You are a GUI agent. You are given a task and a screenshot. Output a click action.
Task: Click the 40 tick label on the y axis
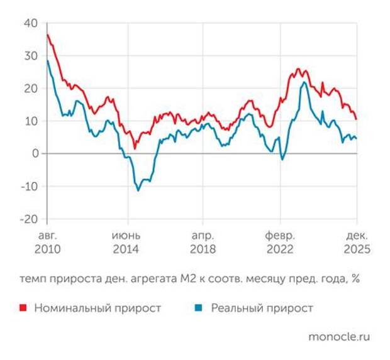pos(31,23)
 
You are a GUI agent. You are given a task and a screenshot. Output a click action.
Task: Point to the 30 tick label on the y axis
pos(31,56)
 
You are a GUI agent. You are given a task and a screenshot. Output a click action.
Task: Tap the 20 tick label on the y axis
pos(31,89)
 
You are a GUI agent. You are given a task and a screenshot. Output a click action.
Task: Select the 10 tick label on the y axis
pos(31,121)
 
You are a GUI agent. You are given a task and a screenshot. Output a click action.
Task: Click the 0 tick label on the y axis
pos(34,154)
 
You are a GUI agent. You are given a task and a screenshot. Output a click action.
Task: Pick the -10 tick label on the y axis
pos(29,187)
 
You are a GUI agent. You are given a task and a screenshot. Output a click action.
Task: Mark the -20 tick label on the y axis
pos(29,219)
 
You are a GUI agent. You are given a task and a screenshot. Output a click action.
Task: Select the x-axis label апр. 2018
pos(203,243)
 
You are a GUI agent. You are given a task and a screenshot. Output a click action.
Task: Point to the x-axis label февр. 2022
pos(280,243)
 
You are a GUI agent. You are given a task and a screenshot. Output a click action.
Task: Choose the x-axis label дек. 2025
pos(357,243)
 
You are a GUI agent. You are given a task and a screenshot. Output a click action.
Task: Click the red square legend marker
pos(23,308)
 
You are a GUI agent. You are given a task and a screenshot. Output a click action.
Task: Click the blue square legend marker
pos(198,308)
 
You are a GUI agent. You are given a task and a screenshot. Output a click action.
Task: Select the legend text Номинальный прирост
pos(97,308)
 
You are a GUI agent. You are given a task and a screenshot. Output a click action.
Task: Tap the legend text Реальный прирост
pos(262,308)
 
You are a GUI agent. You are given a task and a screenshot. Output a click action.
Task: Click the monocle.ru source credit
pos(339,336)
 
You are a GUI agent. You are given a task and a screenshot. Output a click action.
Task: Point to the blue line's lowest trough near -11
pos(138,190)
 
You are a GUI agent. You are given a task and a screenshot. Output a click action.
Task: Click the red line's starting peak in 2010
pos(48,35)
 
